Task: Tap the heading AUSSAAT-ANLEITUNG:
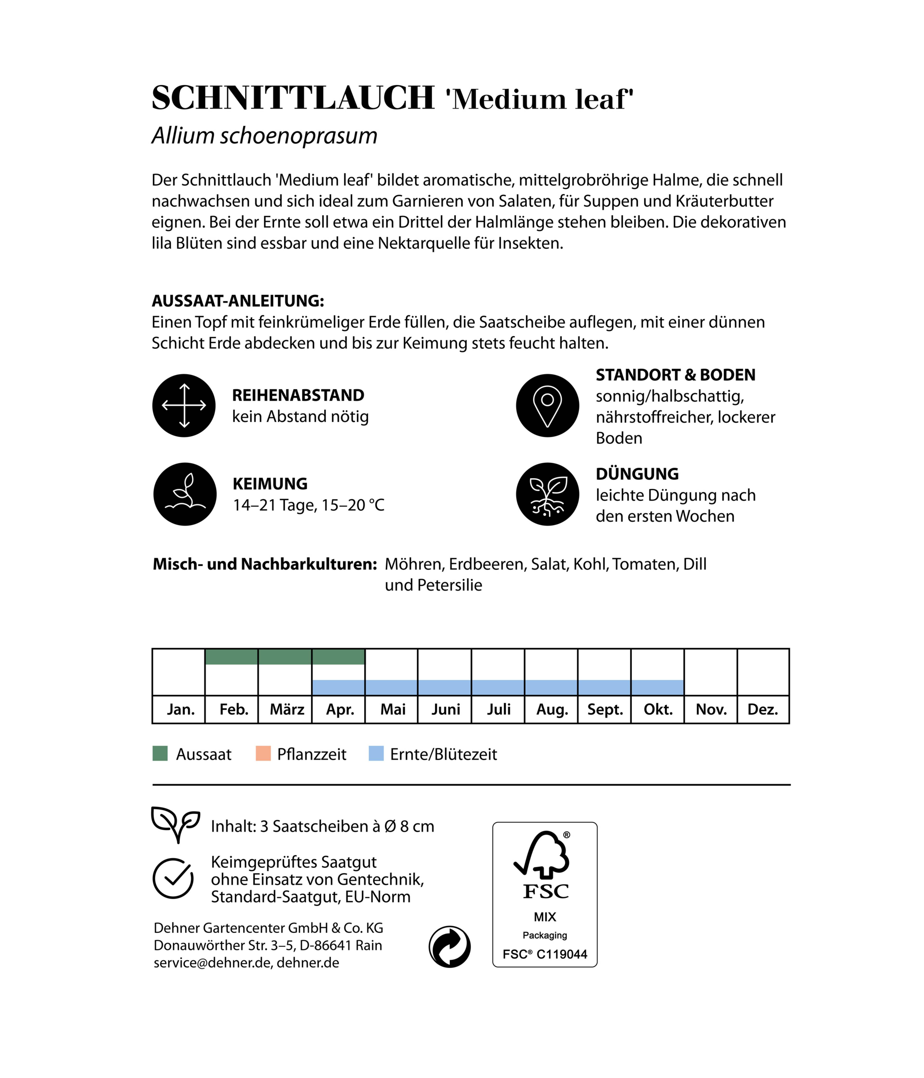(x=238, y=301)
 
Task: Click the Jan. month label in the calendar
(x=180, y=709)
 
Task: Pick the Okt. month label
(x=658, y=709)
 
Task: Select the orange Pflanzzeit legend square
(x=263, y=753)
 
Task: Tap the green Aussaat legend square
(x=160, y=753)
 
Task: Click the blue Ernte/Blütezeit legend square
(x=376, y=753)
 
